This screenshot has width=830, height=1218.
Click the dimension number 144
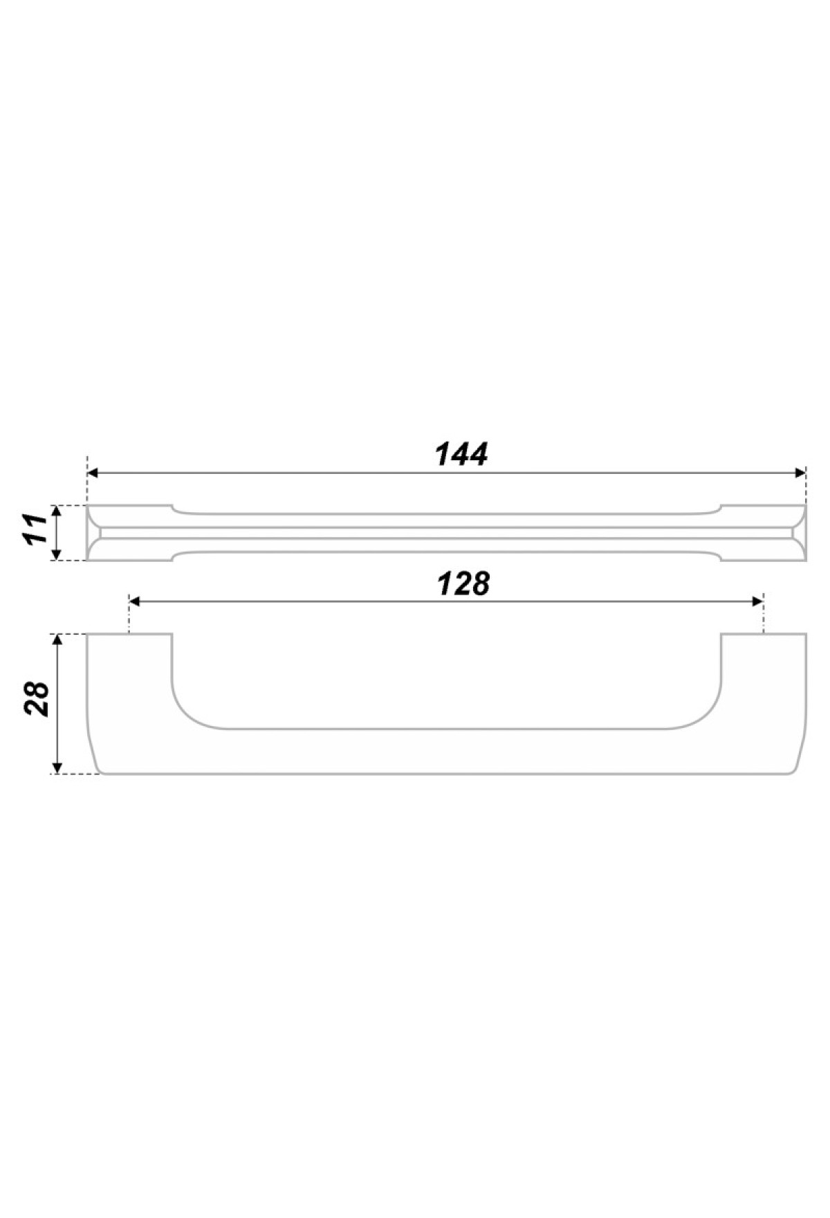(461, 454)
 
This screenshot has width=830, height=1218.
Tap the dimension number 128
(463, 583)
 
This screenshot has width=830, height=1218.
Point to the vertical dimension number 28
(37, 699)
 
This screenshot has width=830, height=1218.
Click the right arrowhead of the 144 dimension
(800, 473)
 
